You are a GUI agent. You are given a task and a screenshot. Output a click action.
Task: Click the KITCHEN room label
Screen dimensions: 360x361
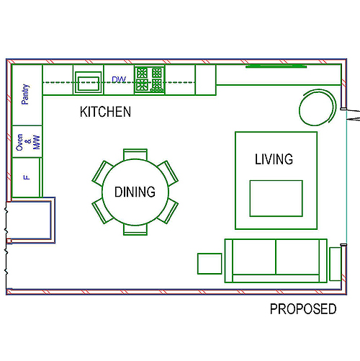tap(105, 112)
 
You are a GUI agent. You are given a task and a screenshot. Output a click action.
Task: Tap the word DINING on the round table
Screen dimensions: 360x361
tap(135, 192)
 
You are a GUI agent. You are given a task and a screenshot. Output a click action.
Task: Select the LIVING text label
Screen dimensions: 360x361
tap(274, 159)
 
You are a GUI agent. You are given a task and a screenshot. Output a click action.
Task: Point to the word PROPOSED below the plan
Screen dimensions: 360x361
tap(303, 309)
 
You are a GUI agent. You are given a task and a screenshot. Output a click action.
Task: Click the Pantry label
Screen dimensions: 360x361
tap(25, 94)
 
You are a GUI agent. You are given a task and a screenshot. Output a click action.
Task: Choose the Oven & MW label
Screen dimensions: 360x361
tap(28, 142)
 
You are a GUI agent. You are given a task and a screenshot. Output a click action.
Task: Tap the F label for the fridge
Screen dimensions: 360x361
tap(27, 177)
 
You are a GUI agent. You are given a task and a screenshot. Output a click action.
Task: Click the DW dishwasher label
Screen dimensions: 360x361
tap(119, 79)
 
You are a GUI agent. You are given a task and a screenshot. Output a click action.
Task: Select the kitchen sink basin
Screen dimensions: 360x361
tap(89, 84)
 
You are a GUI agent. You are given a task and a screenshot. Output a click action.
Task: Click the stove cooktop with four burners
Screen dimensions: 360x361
tap(150, 79)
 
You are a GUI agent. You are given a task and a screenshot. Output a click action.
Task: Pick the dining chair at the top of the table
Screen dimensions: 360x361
tap(135, 153)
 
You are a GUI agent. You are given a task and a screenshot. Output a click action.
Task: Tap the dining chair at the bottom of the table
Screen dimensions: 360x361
tap(135, 230)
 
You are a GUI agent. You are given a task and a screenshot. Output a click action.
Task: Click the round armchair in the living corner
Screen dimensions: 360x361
tap(318, 107)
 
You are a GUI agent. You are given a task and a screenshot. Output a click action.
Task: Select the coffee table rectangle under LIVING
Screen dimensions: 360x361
tap(276, 198)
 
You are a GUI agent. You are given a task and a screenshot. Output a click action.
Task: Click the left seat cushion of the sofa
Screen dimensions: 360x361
tap(254, 257)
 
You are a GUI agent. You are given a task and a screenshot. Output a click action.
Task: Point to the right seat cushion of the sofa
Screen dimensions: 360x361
tap(297, 257)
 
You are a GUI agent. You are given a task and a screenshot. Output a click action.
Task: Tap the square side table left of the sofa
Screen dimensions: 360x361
tap(210, 264)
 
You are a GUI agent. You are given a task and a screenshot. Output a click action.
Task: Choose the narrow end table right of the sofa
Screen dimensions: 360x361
tap(336, 264)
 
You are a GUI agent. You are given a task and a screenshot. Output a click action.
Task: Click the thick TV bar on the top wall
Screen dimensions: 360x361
tap(276, 66)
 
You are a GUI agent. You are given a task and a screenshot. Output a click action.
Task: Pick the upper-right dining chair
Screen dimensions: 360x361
tap(168, 173)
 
